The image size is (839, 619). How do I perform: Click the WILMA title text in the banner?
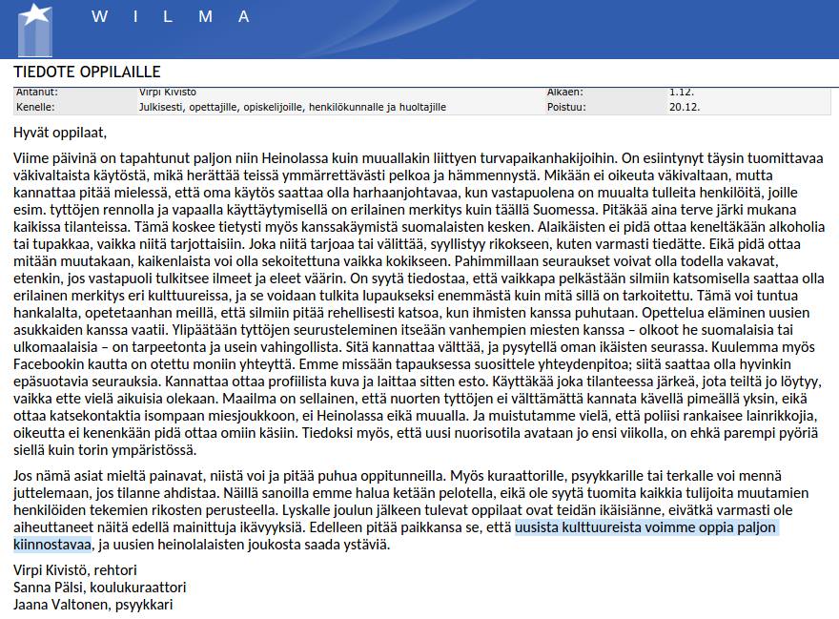point(172,16)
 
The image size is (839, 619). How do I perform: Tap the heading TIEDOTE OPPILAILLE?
point(87,72)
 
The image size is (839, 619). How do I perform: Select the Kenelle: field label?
point(36,107)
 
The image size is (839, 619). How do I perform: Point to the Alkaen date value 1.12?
point(681,92)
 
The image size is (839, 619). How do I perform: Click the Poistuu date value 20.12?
point(685,107)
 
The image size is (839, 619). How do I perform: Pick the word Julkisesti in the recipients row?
point(164,107)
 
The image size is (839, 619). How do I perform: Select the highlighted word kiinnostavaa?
point(52,545)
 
